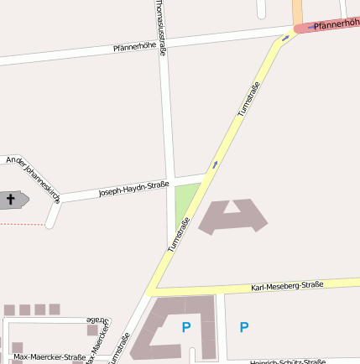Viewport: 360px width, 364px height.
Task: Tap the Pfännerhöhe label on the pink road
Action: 336,25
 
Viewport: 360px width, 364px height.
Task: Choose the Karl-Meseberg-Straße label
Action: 287,287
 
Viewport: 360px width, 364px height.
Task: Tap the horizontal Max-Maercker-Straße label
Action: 50,356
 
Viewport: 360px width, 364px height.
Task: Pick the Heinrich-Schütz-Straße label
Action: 288,361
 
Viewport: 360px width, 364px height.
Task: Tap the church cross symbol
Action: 11,200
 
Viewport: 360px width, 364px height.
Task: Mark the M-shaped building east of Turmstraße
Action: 232,216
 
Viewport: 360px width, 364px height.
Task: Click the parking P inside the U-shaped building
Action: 186,327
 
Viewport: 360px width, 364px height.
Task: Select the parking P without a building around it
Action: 244,327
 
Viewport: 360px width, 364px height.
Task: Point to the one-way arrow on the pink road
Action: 312,27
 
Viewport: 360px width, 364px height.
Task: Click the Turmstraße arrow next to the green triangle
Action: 215,164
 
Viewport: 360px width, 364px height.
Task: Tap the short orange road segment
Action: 297,12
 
